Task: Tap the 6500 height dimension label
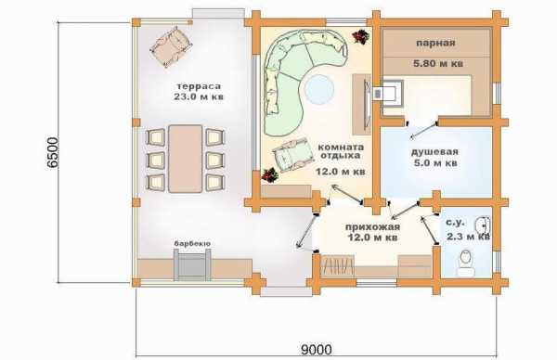coord(52,153)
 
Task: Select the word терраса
coord(199,86)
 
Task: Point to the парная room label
coord(435,44)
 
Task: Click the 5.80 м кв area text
coord(438,64)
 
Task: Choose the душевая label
coord(434,152)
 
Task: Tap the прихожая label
coord(372,227)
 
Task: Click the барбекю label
coord(192,243)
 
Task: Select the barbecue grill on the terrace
coord(192,264)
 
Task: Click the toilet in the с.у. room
coord(466,263)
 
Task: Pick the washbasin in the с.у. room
coord(483,225)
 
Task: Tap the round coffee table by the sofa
coord(319,89)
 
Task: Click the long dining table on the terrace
coord(186,159)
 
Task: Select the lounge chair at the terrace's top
coord(172,47)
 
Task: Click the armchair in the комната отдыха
coord(292,155)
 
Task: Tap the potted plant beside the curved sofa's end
coord(361,36)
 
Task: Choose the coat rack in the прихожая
coord(338,264)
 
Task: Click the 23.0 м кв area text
coord(199,96)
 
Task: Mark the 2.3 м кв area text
coord(468,237)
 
